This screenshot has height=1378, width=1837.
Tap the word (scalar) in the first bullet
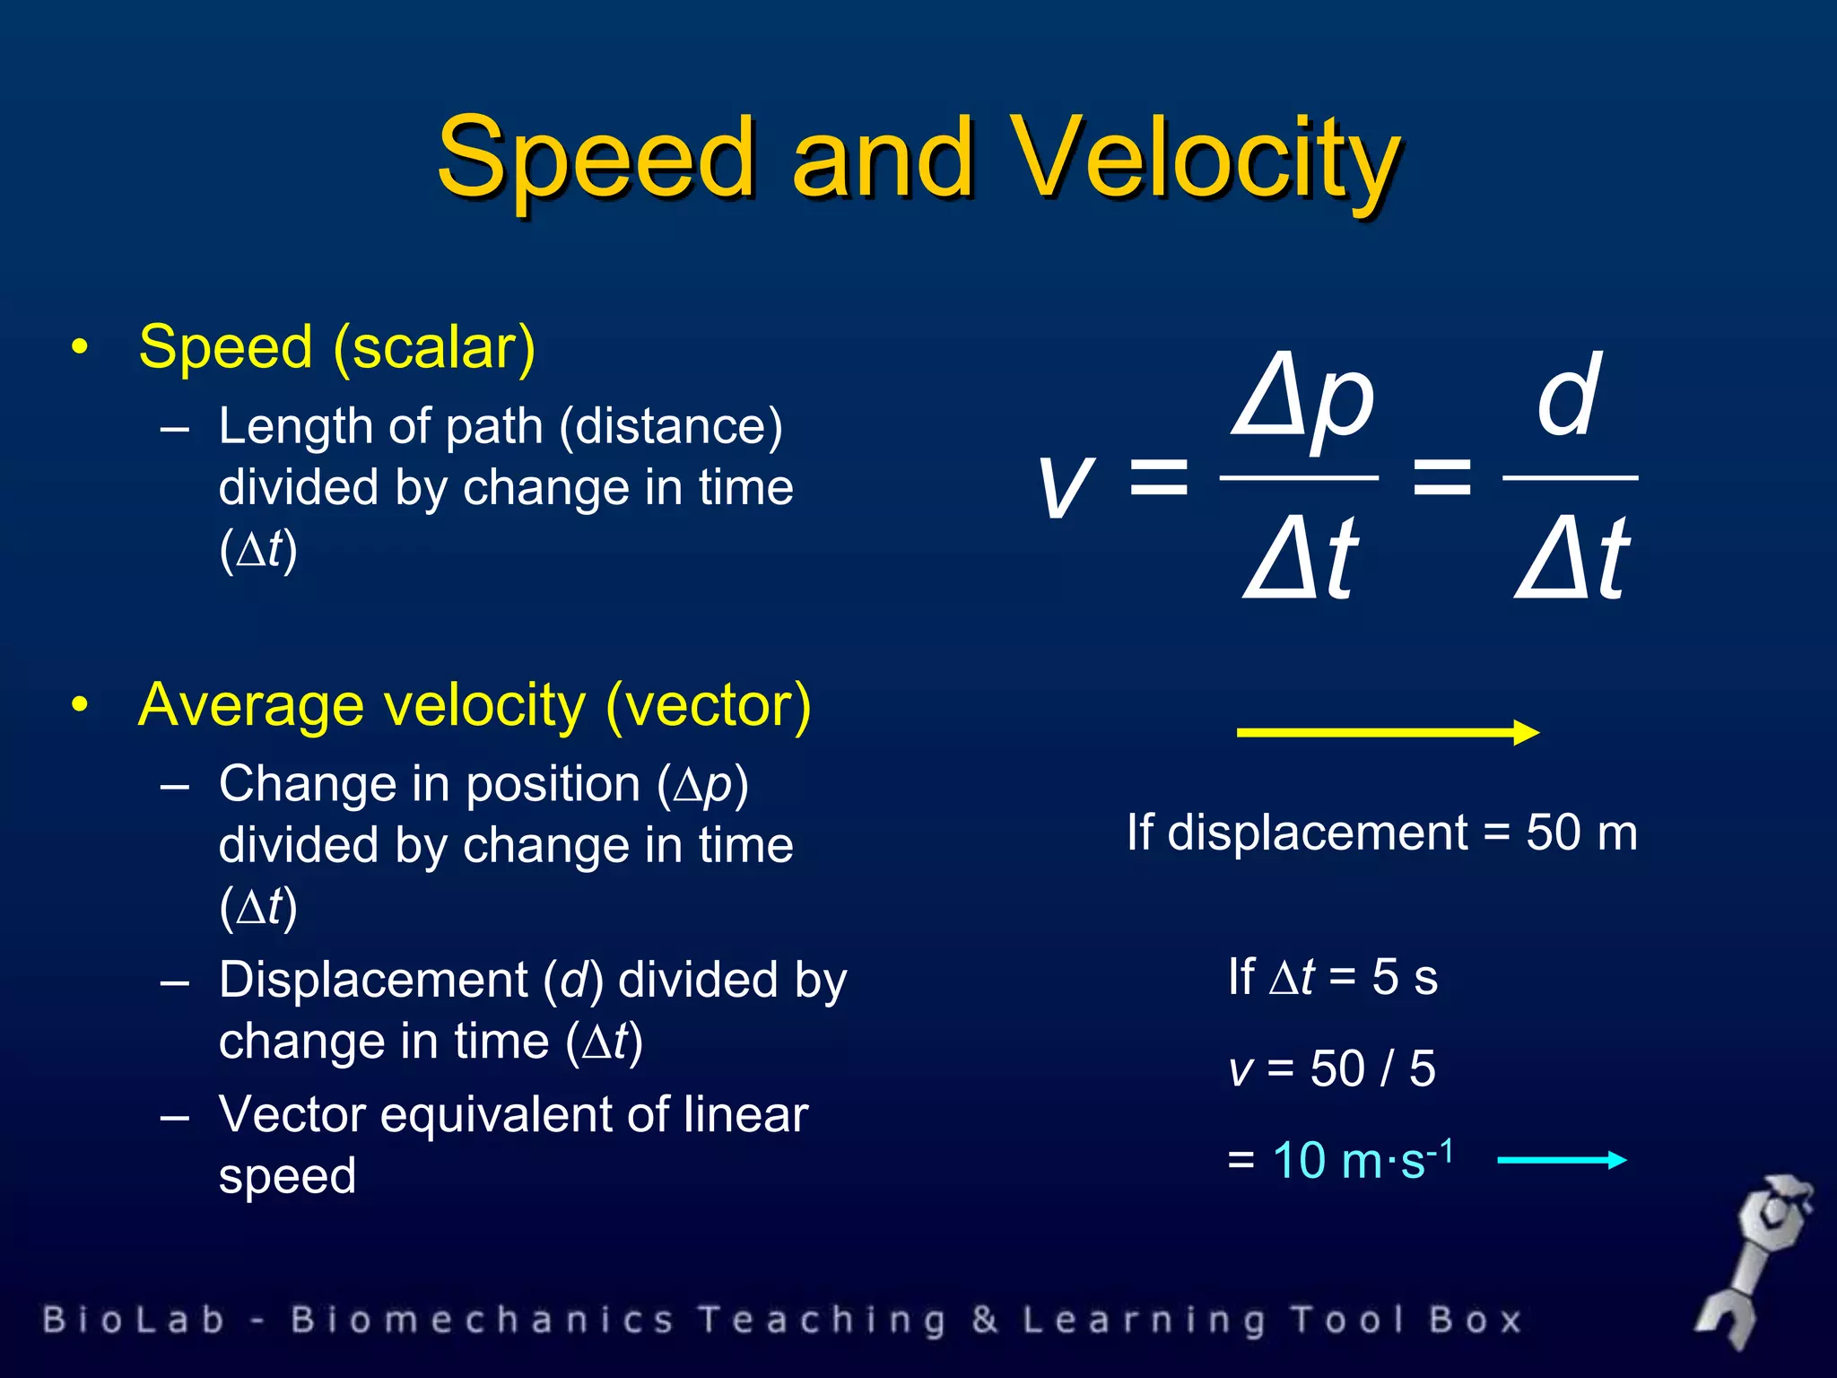tap(434, 348)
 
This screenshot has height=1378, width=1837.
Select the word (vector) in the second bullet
tap(709, 706)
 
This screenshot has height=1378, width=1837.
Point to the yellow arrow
tap(1387, 732)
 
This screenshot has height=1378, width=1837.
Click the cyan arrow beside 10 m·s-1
tap(1561, 1160)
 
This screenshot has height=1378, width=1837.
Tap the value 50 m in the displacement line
tap(1581, 833)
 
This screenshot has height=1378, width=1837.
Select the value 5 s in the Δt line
tap(1404, 977)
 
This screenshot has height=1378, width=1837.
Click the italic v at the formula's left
tap(1066, 484)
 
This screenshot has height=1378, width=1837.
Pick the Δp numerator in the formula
tap(1302, 399)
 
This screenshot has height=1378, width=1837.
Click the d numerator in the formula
tap(1568, 395)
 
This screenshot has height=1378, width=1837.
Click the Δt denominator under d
tap(1571, 558)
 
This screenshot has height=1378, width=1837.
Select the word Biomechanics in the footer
tap(482, 1321)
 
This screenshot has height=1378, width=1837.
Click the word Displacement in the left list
tap(373, 980)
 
